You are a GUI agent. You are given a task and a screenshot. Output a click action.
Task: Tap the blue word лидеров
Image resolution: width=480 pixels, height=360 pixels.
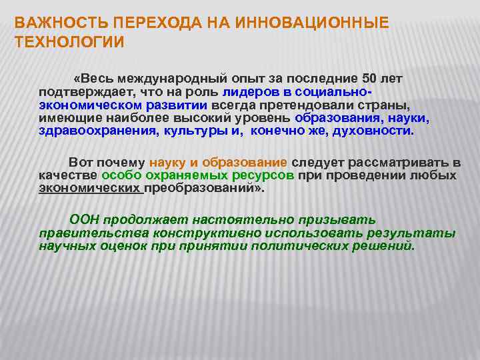(248, 92)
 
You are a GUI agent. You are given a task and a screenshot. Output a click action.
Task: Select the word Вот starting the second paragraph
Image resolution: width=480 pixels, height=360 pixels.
(81, 162)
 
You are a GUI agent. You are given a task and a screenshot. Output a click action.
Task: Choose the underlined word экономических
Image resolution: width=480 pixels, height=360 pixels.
(90, 189)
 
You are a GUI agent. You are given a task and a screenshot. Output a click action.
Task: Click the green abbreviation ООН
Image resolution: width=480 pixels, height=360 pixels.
(85, 219)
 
